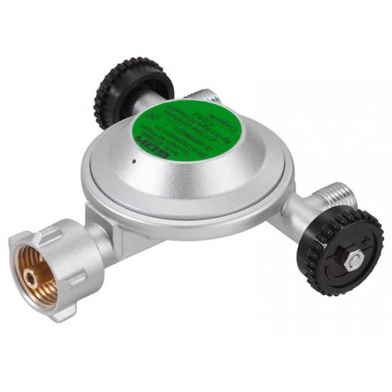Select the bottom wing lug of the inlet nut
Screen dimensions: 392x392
point(68,313)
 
